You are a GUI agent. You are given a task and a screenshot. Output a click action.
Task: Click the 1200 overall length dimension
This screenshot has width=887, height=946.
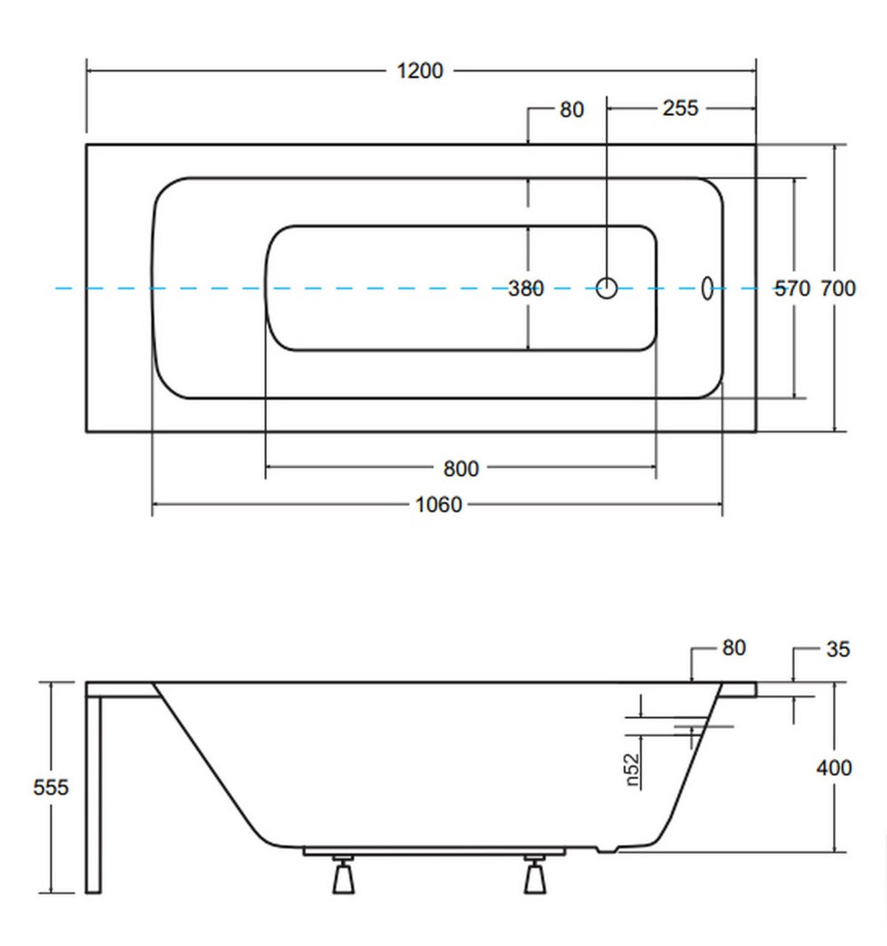coord(420,72)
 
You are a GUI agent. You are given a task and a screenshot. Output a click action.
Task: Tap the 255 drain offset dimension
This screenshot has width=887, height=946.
coord(680,109)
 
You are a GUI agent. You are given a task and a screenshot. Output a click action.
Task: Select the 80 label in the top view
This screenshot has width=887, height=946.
coord(571,110)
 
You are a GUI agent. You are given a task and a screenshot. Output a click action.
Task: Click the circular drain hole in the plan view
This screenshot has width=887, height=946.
coord(606,288)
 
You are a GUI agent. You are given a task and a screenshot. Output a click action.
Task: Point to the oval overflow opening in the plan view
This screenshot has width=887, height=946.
coord(707,288)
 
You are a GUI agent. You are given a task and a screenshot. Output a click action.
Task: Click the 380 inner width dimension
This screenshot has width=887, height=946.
coord(526,288)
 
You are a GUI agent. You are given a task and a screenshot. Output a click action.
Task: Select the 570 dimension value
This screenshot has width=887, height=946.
coord(792,288)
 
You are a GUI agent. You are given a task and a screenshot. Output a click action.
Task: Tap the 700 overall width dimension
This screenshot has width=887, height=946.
coord(837,288)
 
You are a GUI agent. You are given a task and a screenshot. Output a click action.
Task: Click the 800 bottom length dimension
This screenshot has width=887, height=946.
coord(461,469)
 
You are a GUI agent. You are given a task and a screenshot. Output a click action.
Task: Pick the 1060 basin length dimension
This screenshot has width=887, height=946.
coord(438,505)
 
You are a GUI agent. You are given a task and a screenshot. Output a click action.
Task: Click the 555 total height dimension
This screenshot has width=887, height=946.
coord(50,787)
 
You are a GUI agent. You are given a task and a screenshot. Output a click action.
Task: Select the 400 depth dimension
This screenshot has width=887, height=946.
coord(834,768)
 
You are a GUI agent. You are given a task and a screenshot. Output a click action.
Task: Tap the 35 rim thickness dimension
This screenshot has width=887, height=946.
coord(838,649)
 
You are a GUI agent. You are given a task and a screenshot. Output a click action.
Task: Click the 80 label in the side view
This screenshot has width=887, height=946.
coord(734,648)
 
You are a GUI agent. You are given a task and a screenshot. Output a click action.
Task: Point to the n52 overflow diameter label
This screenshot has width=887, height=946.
coord(633,770)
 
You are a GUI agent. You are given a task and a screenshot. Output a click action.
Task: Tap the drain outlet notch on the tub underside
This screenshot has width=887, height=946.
coord(608,849)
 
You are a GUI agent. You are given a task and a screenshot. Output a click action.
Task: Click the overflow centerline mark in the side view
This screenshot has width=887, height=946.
coord(704,726)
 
